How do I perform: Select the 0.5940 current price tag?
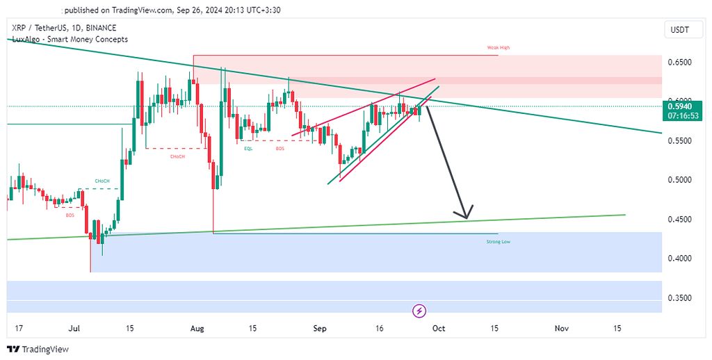(x=679, y=106)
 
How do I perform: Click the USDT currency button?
(x=679, y=29)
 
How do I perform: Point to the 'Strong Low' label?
(x=498, y=241)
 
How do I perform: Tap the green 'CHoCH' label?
(x=103, y=181)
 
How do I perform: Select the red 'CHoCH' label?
(x=177, y=156)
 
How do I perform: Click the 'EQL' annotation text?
(x=248, y=149)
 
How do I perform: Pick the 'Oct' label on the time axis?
(x=438, y=327)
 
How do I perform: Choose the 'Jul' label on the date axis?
(x=76, y=327)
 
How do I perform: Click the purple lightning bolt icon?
(x=419, y=310)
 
